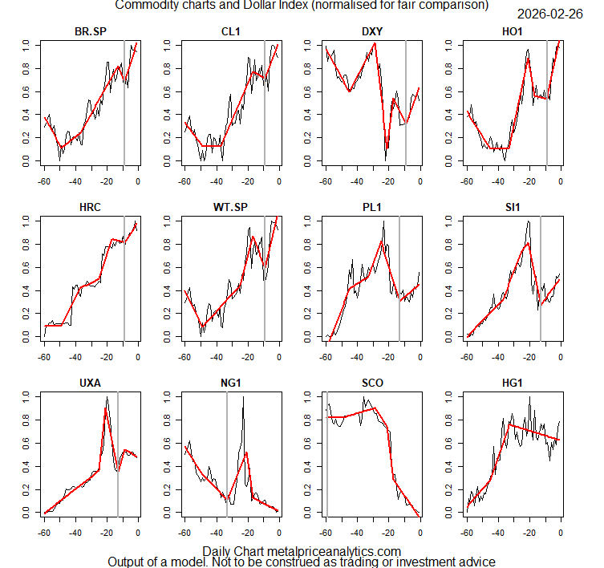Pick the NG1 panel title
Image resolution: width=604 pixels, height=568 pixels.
(x=232, y=383)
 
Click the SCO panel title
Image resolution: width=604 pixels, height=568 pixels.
(x=372, y=383)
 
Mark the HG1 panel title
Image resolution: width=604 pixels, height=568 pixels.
(x=513, y=383)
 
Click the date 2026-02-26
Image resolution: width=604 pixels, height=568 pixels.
(x=552, y=14)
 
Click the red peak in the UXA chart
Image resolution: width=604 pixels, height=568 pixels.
(x=105, y=408)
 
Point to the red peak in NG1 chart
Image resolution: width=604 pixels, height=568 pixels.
(x=246, y=452)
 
